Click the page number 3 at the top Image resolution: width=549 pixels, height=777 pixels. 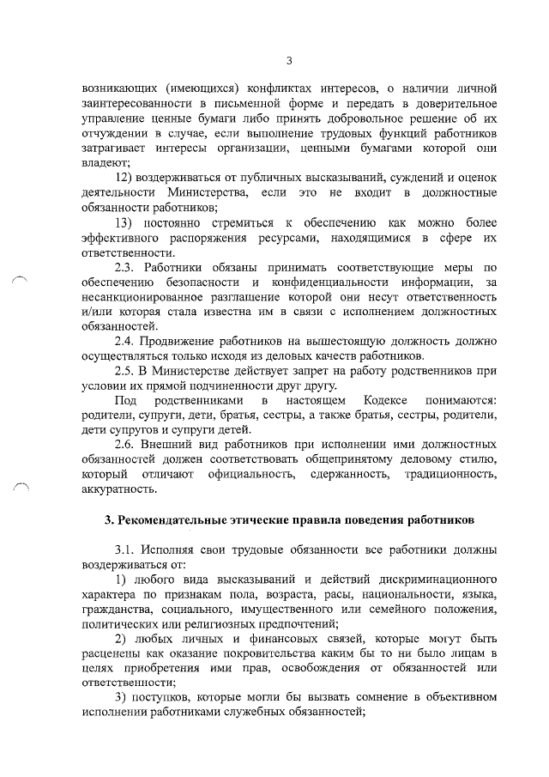(x=289, y=60)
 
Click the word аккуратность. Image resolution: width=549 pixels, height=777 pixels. (x=119, y=489)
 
